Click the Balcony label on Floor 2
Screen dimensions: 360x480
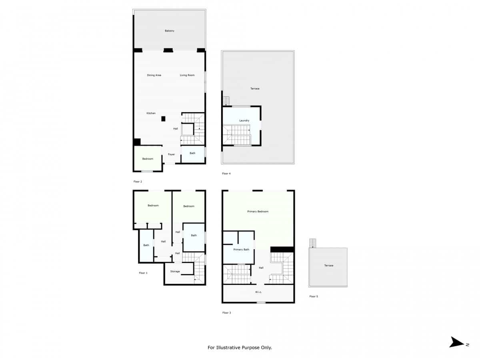(x=170, y=31)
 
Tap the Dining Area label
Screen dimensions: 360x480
(x=154, y=75)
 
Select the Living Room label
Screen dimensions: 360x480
(x=187, y=75)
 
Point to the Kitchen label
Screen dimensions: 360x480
(x=151, y=113)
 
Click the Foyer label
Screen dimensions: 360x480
(x=171, y=154)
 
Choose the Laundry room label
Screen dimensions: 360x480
(x=244, y=120)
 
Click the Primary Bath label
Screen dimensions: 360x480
(x=241, y=249)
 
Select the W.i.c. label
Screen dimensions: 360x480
(x=258, y=292)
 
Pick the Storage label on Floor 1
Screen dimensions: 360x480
(x=175, y=271)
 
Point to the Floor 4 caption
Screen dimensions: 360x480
(x=226, y=174)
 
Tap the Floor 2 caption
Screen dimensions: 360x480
(x=138, y=182)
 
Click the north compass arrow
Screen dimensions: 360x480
(x=457, y=342)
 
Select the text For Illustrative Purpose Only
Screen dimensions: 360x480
(x=240, y=348)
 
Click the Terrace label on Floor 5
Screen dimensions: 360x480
(x=328, y=266)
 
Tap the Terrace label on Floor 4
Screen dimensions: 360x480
(x=255, y=88)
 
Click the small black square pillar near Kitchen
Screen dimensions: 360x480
(x=163, y=119)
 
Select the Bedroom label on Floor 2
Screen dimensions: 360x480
(x=148, y=159)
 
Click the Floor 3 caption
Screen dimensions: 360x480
(x=226, y=312)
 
